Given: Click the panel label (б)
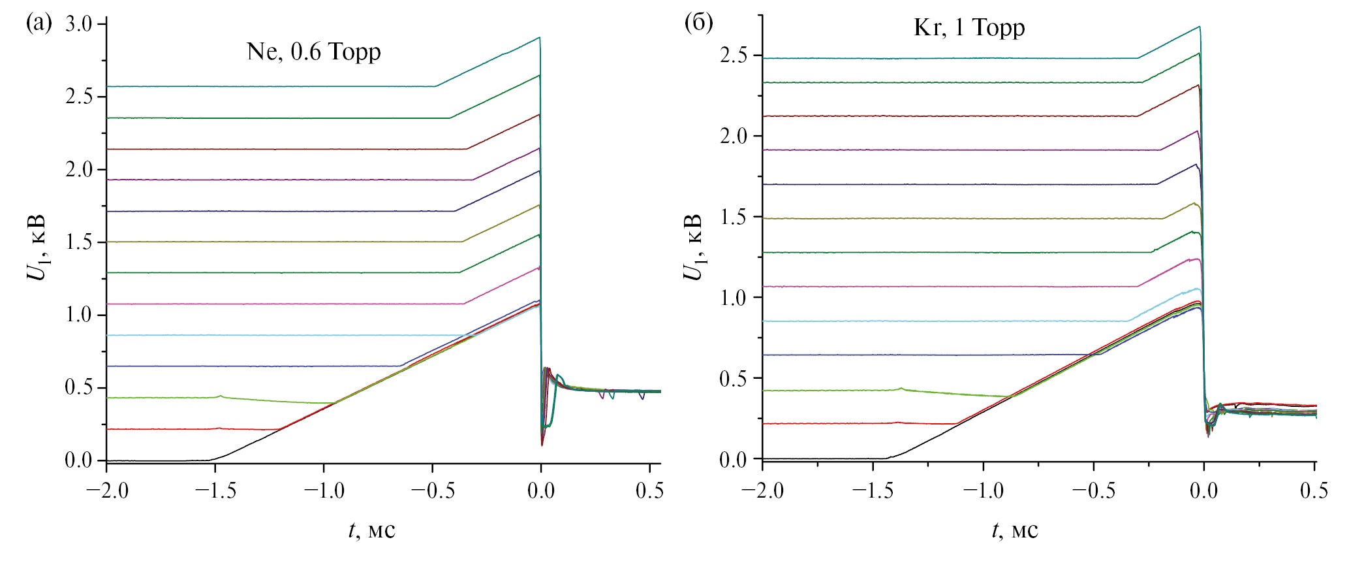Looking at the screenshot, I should tap(698, 23).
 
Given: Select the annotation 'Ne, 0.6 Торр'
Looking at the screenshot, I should tap(313, 52).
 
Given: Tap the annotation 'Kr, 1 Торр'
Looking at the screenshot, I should tap(969, 27).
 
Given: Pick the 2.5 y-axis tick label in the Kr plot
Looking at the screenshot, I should tap(736, 56).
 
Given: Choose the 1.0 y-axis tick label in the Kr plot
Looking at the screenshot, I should tap(736, 298).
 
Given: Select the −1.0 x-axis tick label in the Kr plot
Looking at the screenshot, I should tap(977, 490).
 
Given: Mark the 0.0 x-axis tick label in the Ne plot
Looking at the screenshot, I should tap(541, 490).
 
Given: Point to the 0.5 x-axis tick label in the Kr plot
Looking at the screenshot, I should tap(1313, 490).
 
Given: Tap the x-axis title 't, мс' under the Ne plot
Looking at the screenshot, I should tap(371, 530).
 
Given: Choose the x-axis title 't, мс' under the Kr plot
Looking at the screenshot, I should tap(1014, 530).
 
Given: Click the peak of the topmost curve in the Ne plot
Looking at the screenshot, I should tap(539, 38).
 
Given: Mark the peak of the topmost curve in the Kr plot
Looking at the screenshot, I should tap(1199, 27).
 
